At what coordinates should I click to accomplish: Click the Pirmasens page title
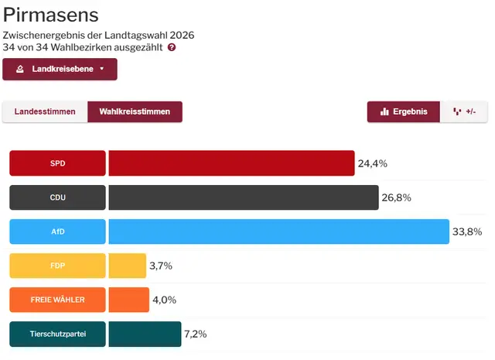pyautogui.click(x=51, y=15)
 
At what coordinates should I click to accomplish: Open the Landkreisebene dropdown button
pyautogui.click(x=60, y=69)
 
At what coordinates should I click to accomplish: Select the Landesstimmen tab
pyautogui.click(x=45, y=111)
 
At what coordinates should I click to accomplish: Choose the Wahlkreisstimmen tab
pyautogui.click(x=135, y=111)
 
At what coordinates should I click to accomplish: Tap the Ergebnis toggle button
pyautogui.click(x=404, y=111)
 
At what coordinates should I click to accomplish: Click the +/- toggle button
pyautogui.click(x=464, y=111)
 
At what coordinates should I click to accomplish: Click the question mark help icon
pyautogui.click(x=172, y=47)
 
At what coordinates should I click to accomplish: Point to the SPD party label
pyautogui.click(x=57, y=163)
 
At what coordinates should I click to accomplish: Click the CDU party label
pyautogui.click(x=57, y=197)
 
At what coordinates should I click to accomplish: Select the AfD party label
pyautogui.click(x=57, y=231)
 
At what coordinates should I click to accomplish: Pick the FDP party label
pyautogui.click(x=57, y=266)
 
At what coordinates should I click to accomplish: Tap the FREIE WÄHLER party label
pyautogui.click(x=57, y=300)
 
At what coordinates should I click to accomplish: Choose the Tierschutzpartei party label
pyautogui.click(x=57, y=334)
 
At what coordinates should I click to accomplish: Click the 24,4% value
pyautogui.click(x=372, y=163)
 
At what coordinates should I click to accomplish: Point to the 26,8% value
pyautogui.click(x=396, y=197)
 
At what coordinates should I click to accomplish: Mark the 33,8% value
pyautogui.click(x=467, y=231)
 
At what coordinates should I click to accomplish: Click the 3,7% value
pyautogui.click(x=160, y=266)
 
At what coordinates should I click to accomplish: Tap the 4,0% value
pyautogui.click(x=164, y=300)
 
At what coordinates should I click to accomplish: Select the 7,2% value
pyautogui.click(x=196, y=334)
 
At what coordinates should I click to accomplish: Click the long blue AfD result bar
pyautogui.click(x=278, y=231)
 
